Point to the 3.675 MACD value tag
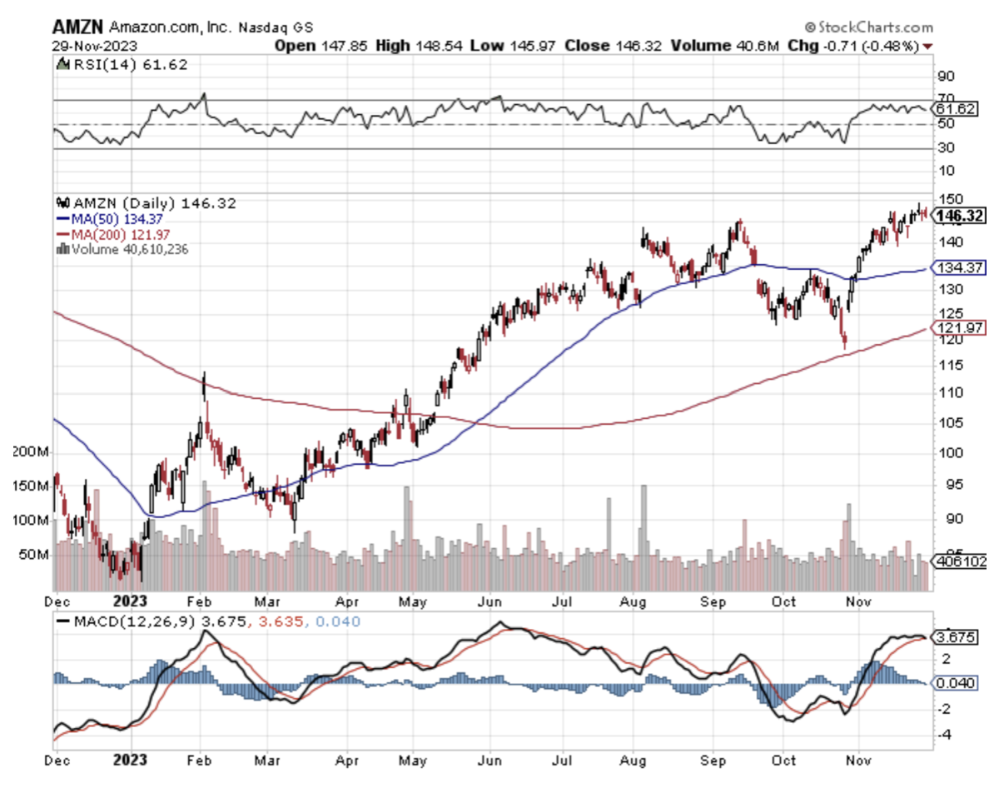tap(954, 637)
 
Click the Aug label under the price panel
tap(635, 600)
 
